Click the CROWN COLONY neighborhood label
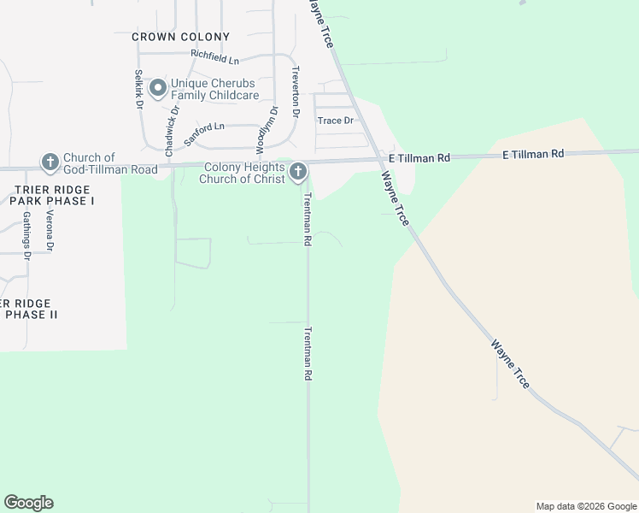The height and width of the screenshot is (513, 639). click(181, 37)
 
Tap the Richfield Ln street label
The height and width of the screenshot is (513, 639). click(214, 57)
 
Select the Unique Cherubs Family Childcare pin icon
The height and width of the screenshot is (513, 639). click(157, 88)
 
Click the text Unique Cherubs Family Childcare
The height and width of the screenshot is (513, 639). click(214, 89)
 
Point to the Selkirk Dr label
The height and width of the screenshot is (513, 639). click(138, 90)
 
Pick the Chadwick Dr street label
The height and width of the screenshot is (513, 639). click(173, 123)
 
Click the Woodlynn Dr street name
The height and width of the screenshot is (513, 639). click(267, 126)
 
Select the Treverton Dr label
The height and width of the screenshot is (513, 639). click(296, 91)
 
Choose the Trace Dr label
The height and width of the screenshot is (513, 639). click(335, 121)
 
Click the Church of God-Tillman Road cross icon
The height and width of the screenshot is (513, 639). click(50, 162)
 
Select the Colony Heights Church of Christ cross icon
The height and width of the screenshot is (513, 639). click(298, 173)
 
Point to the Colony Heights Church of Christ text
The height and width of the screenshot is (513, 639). click(243, 173)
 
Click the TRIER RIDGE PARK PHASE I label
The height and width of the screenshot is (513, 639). click(51, 194)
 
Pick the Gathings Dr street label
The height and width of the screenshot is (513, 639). click(26, 234)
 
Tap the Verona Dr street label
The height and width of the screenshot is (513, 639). click(50, 230)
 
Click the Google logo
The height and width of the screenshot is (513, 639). click(28, 503)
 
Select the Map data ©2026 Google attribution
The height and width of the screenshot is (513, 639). click(586, 506)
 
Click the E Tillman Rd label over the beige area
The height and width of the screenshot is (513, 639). click(533, 154)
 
